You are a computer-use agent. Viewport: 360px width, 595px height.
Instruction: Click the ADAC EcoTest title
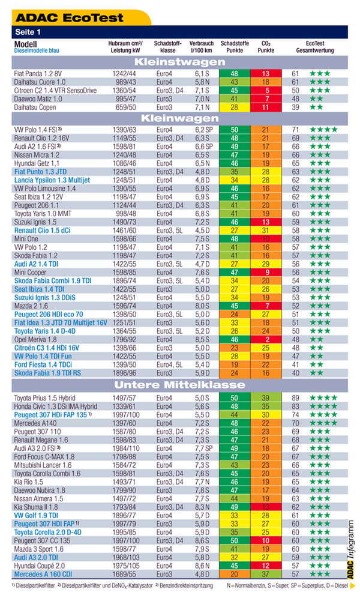[70, 17]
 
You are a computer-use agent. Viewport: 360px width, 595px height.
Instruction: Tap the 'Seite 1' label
[28, 32]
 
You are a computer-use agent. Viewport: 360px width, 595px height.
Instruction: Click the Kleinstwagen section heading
[180, 62]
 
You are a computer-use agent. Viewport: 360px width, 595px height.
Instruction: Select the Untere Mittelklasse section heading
[180, 385]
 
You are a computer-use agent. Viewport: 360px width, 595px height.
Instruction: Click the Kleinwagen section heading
[180, 118]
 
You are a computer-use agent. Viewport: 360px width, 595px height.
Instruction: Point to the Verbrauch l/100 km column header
[202, 47]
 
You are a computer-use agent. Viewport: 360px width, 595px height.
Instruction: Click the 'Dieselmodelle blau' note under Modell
[37, 50]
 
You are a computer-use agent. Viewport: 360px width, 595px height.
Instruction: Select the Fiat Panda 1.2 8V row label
[38, 74]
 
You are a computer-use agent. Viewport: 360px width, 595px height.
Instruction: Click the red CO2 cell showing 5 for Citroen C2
[266, 90]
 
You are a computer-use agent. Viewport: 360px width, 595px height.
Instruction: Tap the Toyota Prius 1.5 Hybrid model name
[45, 398]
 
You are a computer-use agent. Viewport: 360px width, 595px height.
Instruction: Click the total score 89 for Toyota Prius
[295, 398]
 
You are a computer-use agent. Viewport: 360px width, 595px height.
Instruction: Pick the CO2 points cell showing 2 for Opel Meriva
[266, 340]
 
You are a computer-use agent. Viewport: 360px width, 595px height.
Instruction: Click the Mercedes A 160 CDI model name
[43, 574]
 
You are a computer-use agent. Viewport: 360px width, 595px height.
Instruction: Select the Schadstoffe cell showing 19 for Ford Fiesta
[235, 364]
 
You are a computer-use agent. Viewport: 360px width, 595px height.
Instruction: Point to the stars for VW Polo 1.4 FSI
[323, 130]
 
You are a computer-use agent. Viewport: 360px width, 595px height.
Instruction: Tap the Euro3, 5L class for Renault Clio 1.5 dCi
[170, 231]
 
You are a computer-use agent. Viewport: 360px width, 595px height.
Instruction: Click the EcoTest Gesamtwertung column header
[315, 47]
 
